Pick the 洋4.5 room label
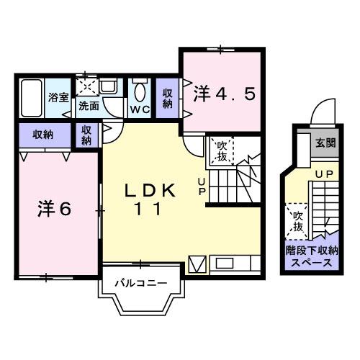225,94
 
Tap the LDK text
151,191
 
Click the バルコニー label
141,282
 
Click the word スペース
312,263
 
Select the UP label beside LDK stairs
202,186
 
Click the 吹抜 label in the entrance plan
295,222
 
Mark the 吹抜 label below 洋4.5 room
221,152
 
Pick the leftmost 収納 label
42,133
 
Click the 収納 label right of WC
168,98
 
